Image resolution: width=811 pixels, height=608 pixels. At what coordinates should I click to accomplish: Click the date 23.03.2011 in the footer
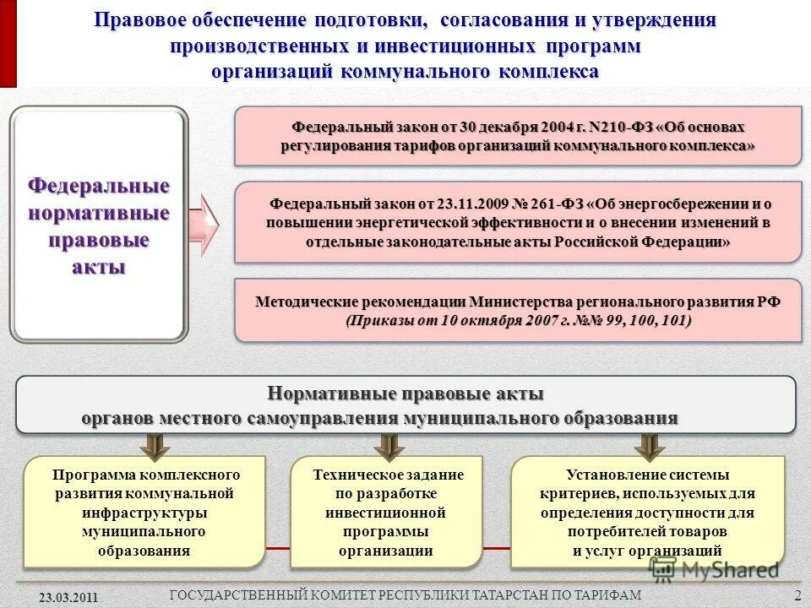(x=69, y=597)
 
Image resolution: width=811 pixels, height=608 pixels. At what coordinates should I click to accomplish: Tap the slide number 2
(x=797, y=596)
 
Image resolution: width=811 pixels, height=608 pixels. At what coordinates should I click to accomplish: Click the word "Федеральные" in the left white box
(x=99, y=185)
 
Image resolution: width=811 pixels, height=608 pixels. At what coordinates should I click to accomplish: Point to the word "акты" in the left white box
(x=99, y=268)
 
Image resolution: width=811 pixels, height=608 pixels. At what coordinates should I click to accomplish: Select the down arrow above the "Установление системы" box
(x=649, y=445)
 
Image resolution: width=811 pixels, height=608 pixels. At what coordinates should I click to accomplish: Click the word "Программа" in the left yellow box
(x=85, y=475)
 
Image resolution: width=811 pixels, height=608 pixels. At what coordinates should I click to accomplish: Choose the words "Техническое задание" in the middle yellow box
(x=388, y=475)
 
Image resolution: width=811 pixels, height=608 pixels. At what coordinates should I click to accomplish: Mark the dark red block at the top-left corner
(x=8, y=43)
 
